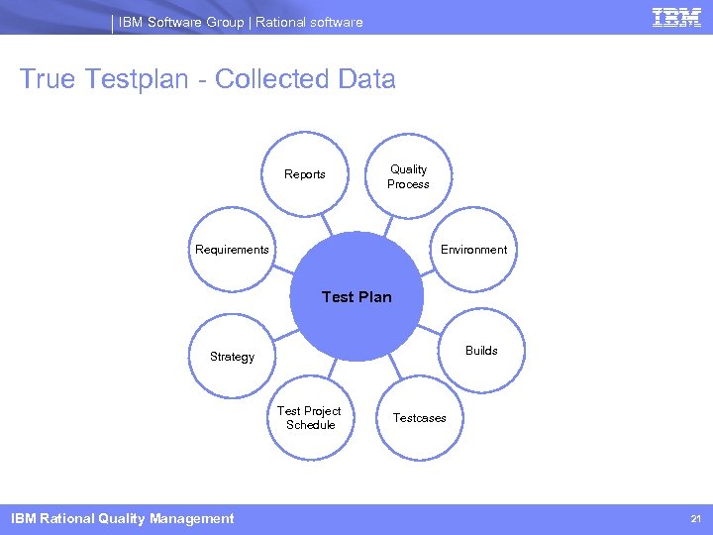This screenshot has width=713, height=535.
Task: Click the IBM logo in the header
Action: point(677,19)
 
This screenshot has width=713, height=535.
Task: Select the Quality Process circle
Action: point(408,176)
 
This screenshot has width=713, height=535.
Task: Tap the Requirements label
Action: point(232,250)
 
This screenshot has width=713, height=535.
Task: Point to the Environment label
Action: point(473,250)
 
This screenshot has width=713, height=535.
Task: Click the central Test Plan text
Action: point(356,296)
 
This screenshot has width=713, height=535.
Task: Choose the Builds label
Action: point(481,351)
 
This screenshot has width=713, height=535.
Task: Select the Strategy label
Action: point(232,357)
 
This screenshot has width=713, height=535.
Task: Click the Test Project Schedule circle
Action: point(309,418)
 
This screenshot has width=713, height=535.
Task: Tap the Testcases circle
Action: point(419,418)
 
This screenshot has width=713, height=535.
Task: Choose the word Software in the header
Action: point(170,22)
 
